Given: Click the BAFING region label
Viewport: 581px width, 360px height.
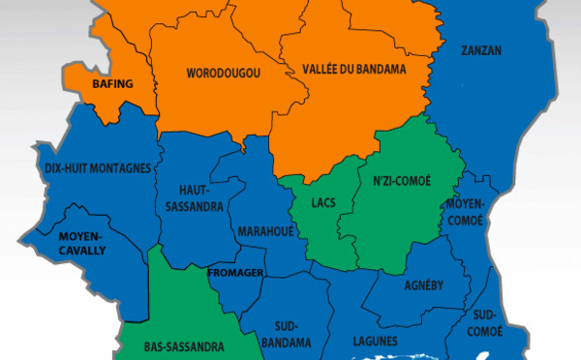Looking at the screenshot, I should [112, 84].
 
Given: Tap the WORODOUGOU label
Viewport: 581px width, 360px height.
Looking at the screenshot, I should [224, 73].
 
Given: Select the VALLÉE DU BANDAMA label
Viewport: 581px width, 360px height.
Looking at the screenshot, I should [353, 70].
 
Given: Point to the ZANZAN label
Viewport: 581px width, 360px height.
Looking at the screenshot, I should [481, 50].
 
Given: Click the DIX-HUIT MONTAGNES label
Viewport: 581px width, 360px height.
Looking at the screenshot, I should [98, 168].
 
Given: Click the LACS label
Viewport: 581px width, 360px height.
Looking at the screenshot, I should [323, 204].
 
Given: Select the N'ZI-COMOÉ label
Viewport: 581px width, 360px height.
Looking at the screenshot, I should [401, 181].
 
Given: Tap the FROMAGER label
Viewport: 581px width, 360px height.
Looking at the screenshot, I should [234, 272].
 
